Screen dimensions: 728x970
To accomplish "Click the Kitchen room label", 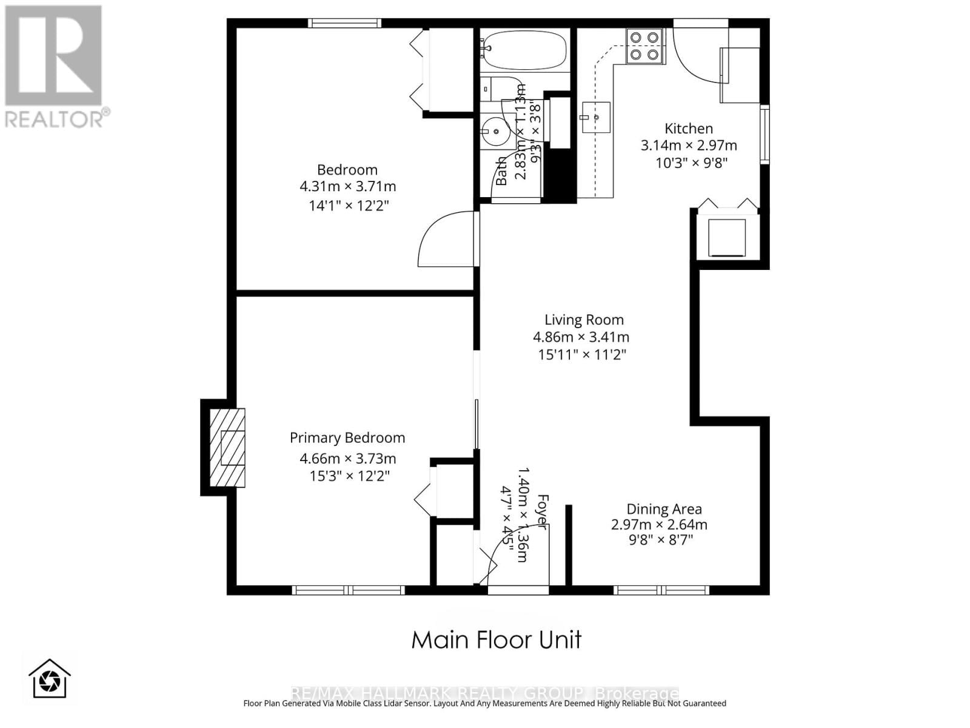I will [x=688, y=129].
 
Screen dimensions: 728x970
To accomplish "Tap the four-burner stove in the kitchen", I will [x=644, y=46].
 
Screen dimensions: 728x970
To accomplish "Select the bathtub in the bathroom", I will [x=524, y=50].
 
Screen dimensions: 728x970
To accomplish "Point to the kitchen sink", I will [x=595, y=116].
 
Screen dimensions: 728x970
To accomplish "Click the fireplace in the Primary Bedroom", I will [x=227, y=448].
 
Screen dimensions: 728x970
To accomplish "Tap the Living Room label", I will [x=583, y=320].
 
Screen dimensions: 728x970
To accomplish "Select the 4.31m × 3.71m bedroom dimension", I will [x=347, y=186].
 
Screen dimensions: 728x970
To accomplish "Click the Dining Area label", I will [x=663, y=509].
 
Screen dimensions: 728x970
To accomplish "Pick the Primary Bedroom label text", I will [x=347, y=437].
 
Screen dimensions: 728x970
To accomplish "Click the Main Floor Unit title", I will [x=496, y=639].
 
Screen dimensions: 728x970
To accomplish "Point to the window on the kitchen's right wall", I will [x=764, y=134].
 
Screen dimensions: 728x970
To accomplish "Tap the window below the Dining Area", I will [x=661, y=590].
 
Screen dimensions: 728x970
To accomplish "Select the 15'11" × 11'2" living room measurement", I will [x=581, y=354].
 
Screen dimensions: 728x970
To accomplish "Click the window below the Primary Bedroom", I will [x=348, y=590].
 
